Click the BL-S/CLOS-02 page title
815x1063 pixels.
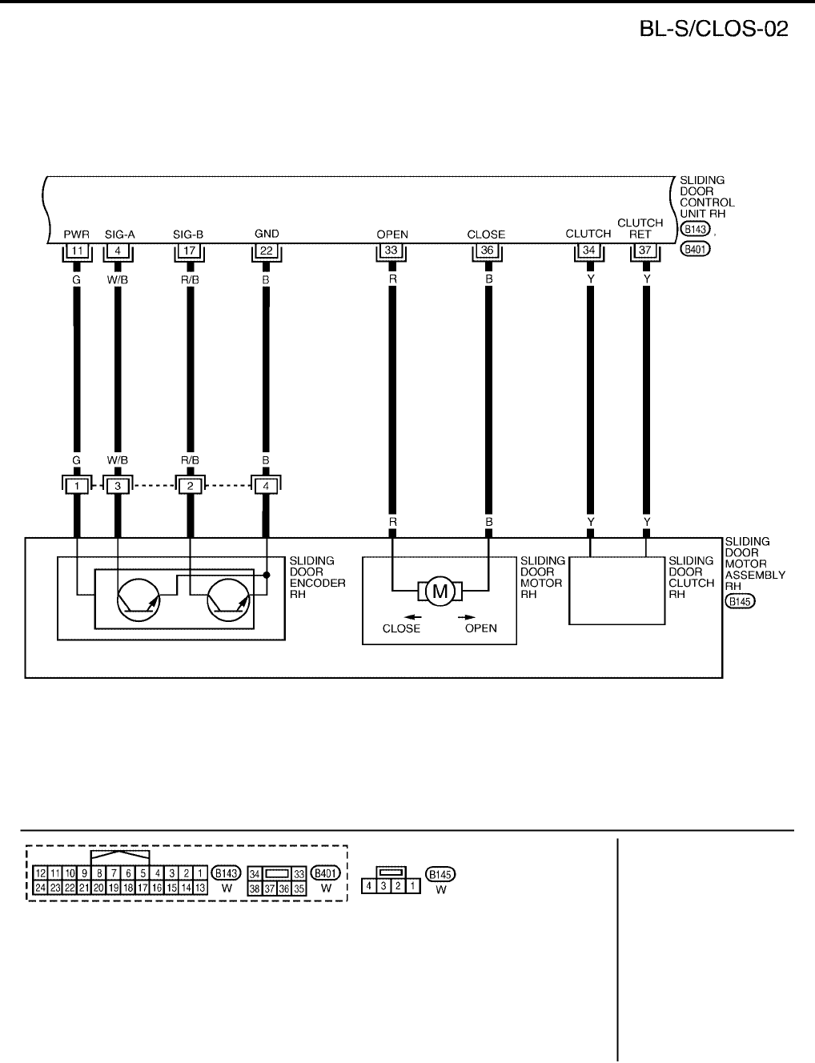(713, 29)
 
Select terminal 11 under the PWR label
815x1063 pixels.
(77, 251)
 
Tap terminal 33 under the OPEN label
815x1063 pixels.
(391, 251)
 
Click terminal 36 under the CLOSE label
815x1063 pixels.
(487, 251)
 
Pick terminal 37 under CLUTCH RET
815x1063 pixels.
(645, 251)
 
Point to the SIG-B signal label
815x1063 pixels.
(188, 235)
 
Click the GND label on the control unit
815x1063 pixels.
(267, 234)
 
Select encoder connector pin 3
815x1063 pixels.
(118, 485)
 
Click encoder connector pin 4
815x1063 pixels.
(267, 485)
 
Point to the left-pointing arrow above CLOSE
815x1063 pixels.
(413, 617)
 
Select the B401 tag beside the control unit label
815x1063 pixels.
(695, 249)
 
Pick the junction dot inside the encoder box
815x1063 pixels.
(267, 575)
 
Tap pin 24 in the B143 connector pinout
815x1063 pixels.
(40, 888)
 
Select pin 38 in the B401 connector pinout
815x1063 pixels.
(255, 889)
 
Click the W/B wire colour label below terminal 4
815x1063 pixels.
(118, 281)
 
